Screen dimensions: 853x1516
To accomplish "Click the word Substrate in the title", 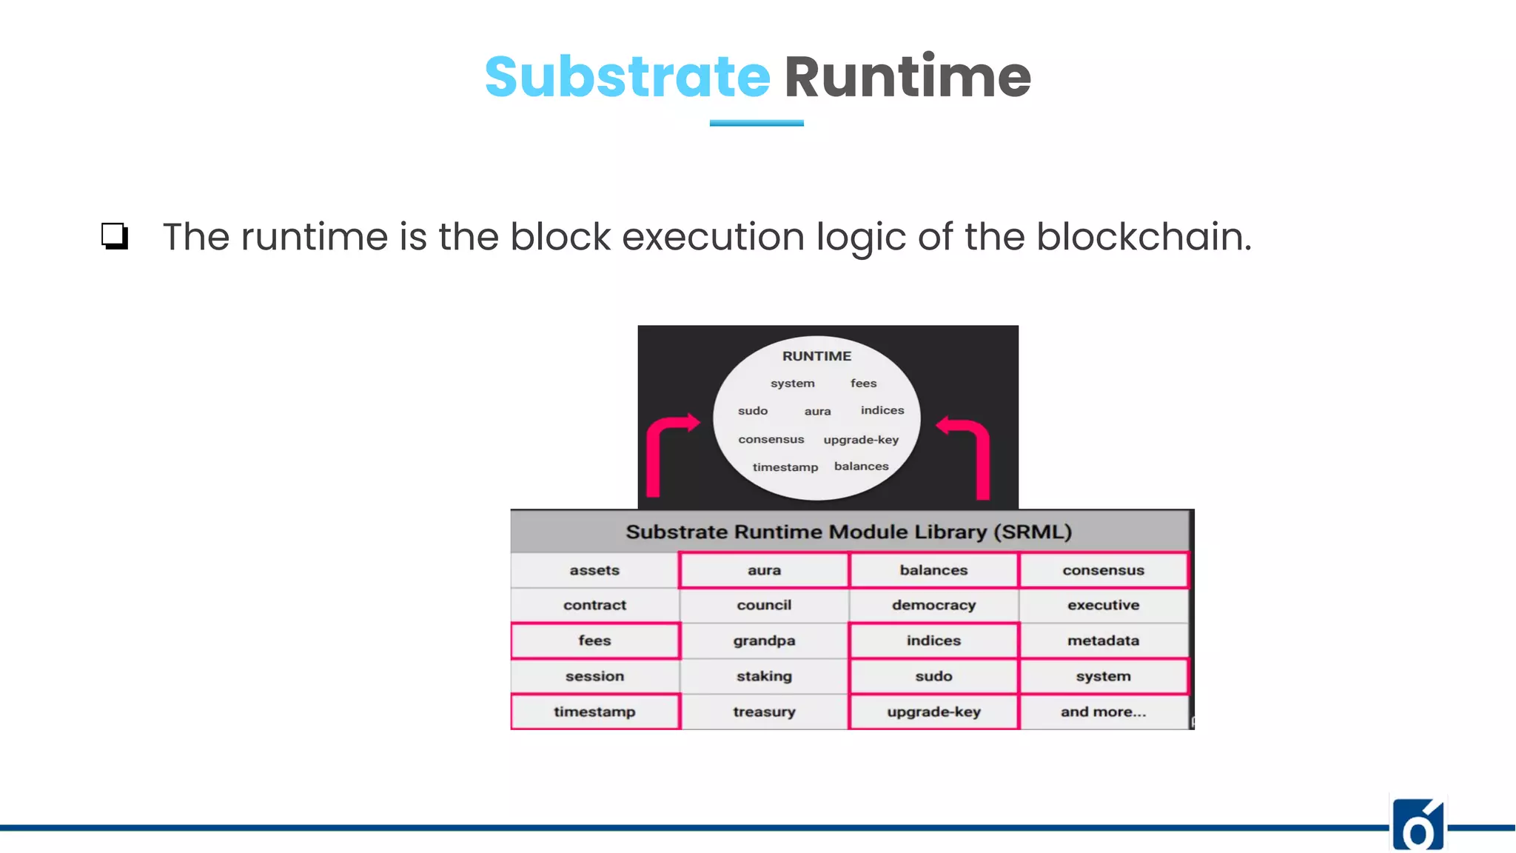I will (x=627, y=77).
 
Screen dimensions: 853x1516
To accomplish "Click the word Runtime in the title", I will (x=907, y=77).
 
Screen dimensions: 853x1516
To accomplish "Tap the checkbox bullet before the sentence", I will (x=115, y=236).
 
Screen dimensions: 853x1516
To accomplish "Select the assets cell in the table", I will (x=594, y=570).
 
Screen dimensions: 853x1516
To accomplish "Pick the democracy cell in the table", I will (x=933, y=605).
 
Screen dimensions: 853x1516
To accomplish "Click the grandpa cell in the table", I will (x=764, y=640).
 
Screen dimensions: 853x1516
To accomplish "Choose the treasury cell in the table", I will (x=764, y=712).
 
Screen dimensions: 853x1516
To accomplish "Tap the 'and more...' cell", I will (x=1103, y=712).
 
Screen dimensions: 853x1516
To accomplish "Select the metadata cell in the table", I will (x=1103, y=640).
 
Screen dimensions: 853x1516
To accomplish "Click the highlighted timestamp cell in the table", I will (x=594, y=712).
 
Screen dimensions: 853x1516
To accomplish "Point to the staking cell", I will (x=764, y=676).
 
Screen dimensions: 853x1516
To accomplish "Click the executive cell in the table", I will (x=1103, y=605).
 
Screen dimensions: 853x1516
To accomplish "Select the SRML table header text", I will (x=848, y=532).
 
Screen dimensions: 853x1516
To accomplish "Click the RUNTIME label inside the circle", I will (x=816, y=356).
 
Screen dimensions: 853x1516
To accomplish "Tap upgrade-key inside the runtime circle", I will (x=861, y=440).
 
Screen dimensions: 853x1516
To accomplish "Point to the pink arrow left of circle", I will (x=663, y=452).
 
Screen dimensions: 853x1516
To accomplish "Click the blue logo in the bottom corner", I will (x=1418, y=826).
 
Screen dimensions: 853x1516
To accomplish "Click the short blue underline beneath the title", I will (x=757, y=124).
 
